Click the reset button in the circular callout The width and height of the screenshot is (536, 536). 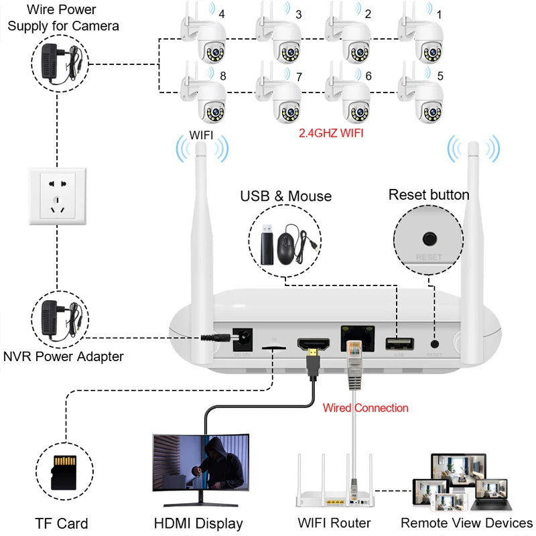pos(428,239)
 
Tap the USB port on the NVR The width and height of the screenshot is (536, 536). pos(395,344)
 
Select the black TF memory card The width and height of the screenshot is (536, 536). pos(62,472)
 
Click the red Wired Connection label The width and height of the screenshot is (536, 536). pos(365,407)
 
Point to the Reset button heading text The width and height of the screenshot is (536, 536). pos(429,195)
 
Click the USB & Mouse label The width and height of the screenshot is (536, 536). pos(286,196)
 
